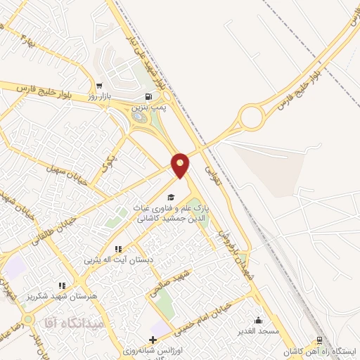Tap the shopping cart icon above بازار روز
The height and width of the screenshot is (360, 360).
tap(99, 86)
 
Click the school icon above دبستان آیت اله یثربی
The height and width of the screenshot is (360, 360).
tap(118, 249)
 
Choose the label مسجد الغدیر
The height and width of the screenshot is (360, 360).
tap(259, 330)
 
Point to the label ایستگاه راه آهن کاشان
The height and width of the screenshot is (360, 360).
tap(326, 351)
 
